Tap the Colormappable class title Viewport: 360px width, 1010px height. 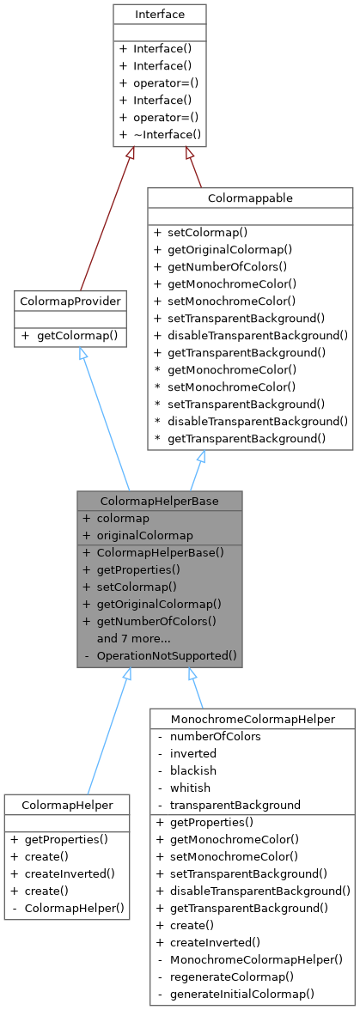250,198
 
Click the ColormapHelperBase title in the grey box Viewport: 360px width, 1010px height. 159,501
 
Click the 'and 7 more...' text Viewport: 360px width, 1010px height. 135,638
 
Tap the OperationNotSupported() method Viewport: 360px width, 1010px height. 167,655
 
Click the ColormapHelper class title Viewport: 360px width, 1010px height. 66,804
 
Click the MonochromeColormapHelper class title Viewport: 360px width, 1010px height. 252,718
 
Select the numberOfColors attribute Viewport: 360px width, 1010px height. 216,736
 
